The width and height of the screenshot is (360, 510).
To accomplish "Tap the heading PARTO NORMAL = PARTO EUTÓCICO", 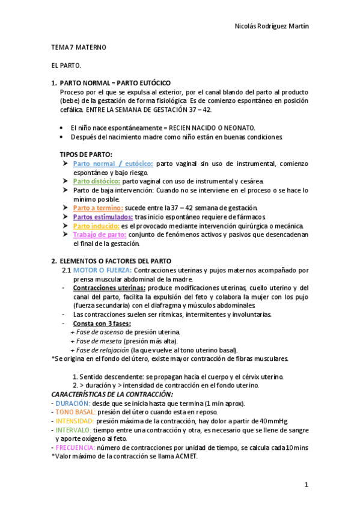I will point(115,82).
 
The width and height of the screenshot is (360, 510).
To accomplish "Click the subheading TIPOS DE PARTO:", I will point(85,154).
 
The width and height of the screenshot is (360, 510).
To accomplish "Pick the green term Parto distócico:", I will point(97,181).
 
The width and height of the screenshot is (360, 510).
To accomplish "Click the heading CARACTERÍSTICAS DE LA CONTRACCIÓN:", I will point(112,394).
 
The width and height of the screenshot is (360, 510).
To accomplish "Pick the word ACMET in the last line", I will point(184,456).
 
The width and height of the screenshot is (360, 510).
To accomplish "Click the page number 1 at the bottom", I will point(306,485).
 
